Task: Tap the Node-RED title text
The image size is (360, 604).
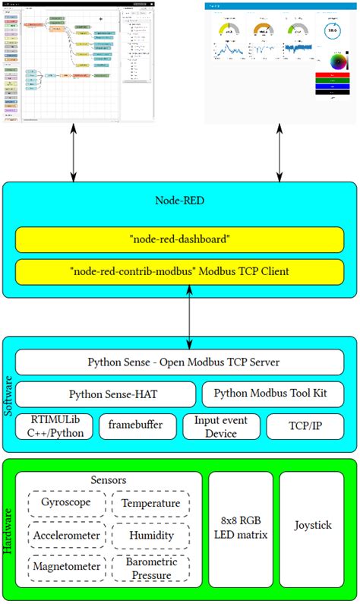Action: [x=179, y=201]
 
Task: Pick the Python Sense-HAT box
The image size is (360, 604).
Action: [x=106, y=394]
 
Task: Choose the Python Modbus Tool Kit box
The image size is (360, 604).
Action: [x=272, y=394]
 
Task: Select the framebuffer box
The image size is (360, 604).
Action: [x=138, y=426]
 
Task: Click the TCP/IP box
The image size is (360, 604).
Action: [x=304, y=426]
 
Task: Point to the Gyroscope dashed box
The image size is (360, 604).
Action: [x=66, y=503]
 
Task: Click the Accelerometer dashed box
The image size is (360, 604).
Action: [x=66, y=535]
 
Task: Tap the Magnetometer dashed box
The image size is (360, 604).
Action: [x=66, y=567]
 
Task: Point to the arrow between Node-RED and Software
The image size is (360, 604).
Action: [x=190, y=315]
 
